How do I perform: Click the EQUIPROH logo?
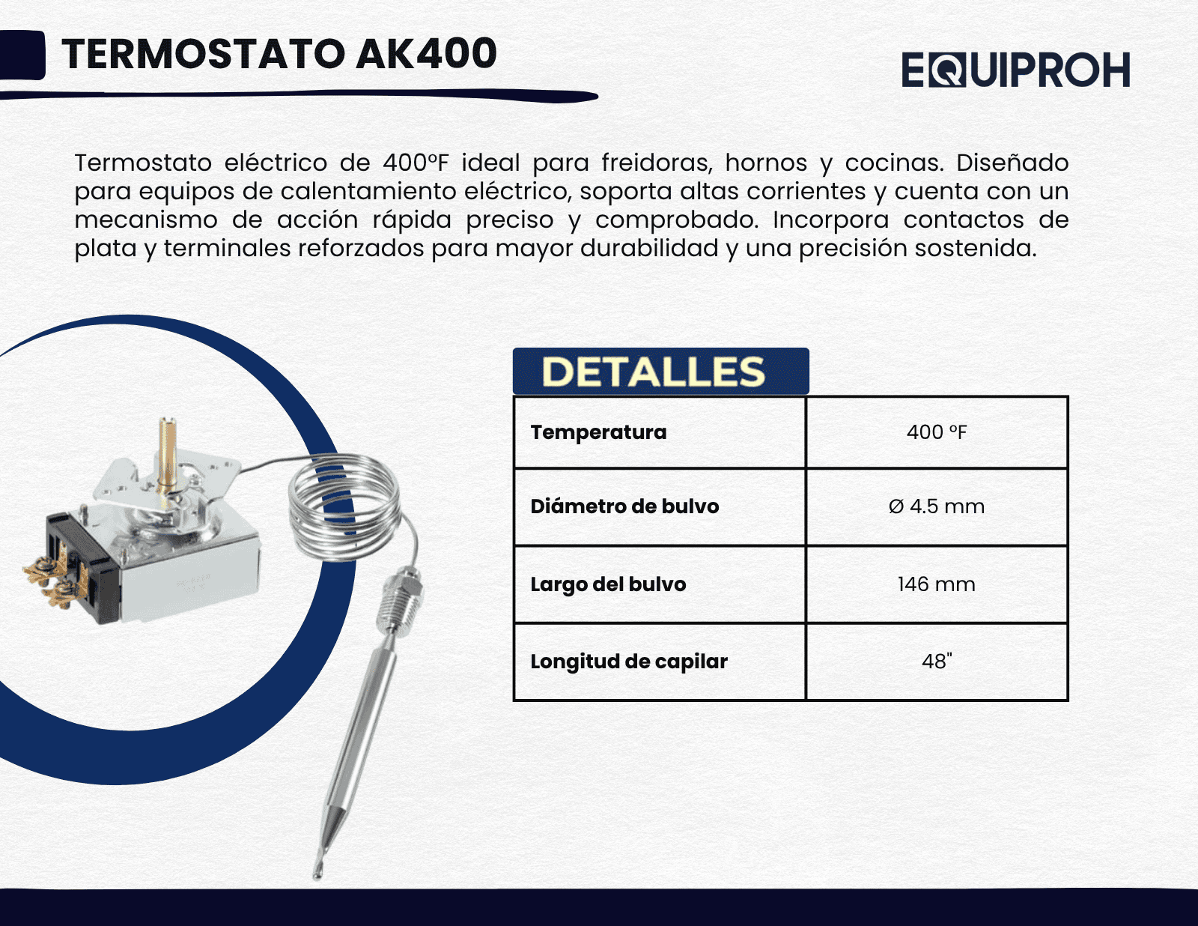pyautogui.click(x=1015, y=70)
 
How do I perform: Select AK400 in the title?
pyautogui.click(x=426, y=53)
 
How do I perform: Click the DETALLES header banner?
pyautogui.click(x=660, y=371)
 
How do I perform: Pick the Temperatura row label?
pyautogui.click(x=598, y=432)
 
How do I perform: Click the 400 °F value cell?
pyautogui.click(x=937, y=432)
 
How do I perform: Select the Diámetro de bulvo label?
pyautogui.click(x=624, y=506)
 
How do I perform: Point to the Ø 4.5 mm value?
pyautogui.click(x=937, y=506)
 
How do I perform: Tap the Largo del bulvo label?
pyautogui.click(x=608, y=584)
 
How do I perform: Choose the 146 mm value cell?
pyautogui.click(x=937, y=584)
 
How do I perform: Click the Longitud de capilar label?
pyautogui.click(x=629, y=662)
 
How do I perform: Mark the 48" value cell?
pyautogui.click(x=937, y=662)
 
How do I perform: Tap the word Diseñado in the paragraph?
pyautogui.click(x=1012, y=163)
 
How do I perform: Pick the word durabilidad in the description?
pyautogui.click(x=649, y=248)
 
